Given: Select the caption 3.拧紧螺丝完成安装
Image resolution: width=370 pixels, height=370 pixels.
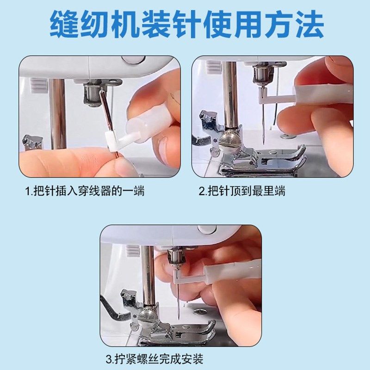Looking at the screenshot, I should pos(154,358).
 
